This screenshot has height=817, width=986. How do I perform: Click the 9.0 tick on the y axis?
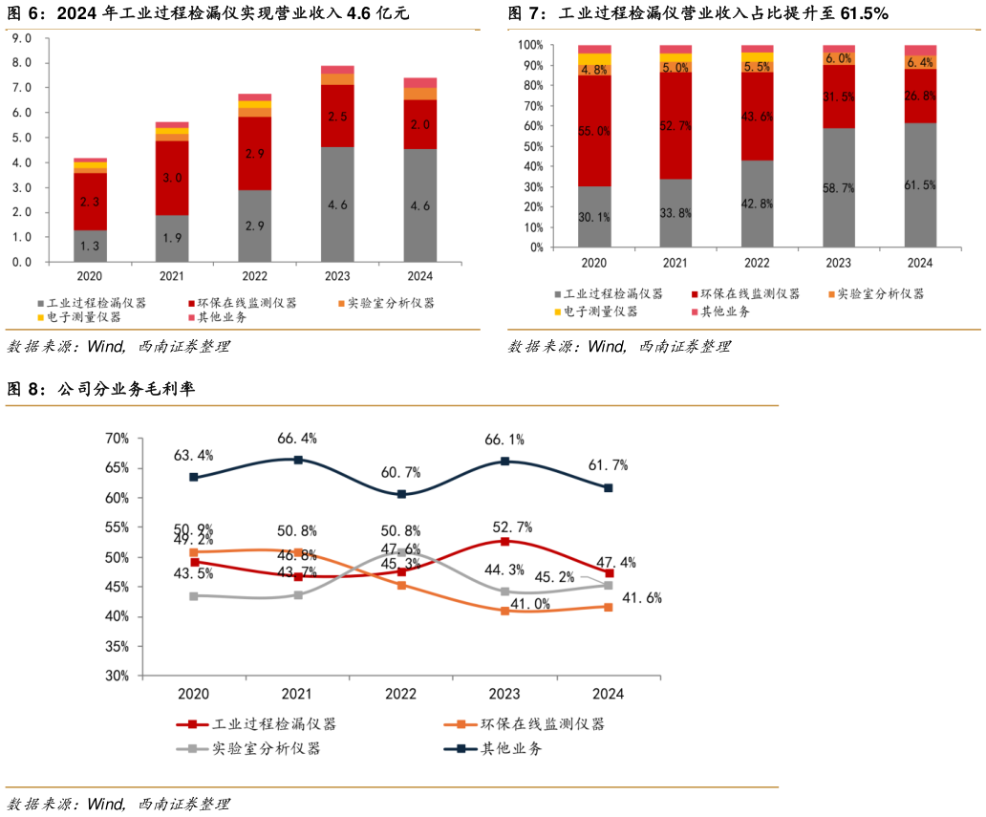coord(20,38)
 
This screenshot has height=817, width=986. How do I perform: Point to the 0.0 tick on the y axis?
coord(20,262)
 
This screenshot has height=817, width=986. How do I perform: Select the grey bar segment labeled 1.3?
coord(90,247)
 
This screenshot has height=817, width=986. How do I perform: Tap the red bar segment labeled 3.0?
coord(172,178)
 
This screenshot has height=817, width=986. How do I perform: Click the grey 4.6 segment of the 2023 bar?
coord(337,204)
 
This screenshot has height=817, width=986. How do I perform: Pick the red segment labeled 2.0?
coord(419,124)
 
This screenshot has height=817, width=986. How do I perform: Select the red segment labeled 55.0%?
coord(594,131)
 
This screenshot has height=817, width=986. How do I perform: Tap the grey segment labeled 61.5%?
coord(920,184)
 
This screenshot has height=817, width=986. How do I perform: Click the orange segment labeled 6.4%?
coord(920,62)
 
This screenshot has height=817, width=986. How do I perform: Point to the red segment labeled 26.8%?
coord(920,96)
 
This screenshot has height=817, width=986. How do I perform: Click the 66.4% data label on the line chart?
coord(297,439)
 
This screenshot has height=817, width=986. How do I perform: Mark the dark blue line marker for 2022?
coord(401,494)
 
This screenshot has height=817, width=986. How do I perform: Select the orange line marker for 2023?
coord(504,611)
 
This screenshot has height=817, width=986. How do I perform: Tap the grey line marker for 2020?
coord(194,595)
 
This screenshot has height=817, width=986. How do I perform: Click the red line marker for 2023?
coord(504,542)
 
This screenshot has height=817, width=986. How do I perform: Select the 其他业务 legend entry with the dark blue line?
coord(510,749)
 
